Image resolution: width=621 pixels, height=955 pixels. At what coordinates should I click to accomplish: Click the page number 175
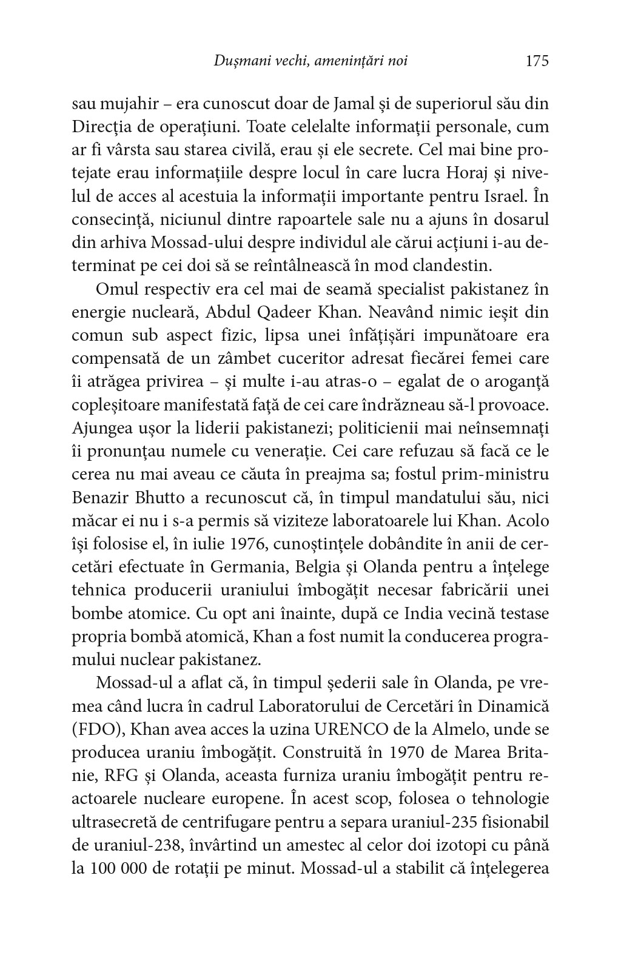pos(537,61)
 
